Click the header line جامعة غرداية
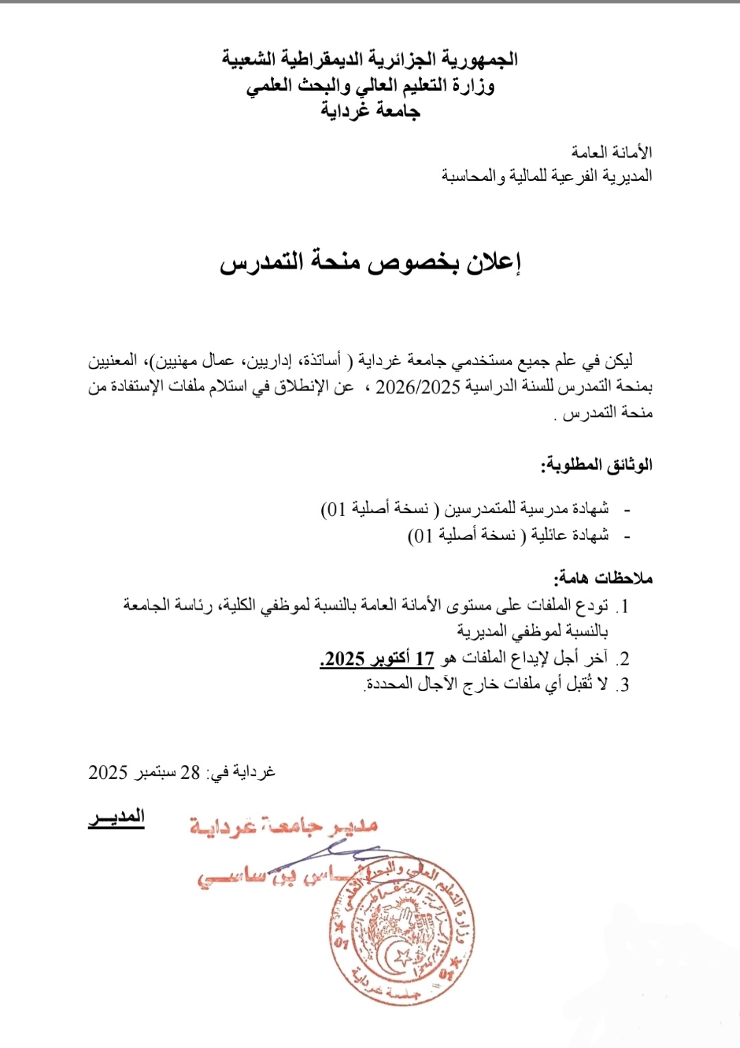point(370,110)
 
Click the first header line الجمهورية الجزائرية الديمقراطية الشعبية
point(370,60)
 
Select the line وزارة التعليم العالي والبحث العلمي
point(370,86)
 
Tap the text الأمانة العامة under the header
point(612,151)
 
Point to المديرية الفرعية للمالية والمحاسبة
point(547,176)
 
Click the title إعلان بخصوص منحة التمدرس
point(370,262)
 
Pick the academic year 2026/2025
point(417,387)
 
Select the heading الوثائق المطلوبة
point(597,466)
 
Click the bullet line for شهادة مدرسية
point(466,509)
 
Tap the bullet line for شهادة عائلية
point(508,535)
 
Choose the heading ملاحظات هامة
point(603,578)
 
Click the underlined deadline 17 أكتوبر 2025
point(377,659)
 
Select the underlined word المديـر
point(116,818)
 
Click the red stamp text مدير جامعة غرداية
point(284,826)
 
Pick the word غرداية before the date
point(254,773)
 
